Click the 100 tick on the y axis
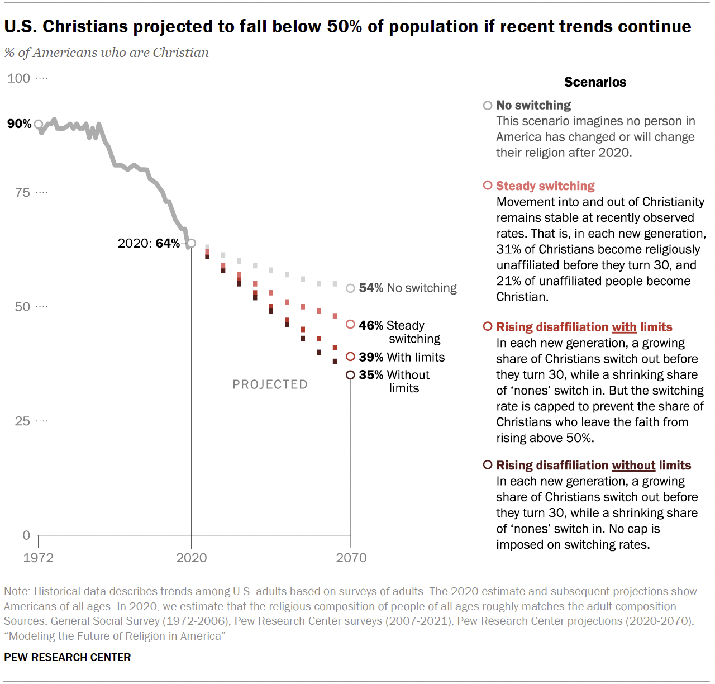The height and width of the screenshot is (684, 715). tap(19, 78)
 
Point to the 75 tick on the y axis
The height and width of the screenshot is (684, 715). tap(22, 193)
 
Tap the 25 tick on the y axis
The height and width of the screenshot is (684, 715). tap(22, 421)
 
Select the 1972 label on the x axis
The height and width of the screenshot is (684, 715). tap(38, 558)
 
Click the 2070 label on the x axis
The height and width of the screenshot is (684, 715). tap(351, 558)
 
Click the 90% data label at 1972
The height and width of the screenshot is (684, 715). tap(19, 123)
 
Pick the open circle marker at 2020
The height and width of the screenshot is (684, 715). tap(191, 243)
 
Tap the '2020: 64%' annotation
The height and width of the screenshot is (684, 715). tap(149, 243)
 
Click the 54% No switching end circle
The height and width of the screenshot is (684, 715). tap(350, 288)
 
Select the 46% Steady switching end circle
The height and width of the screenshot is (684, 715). tap(350, 325)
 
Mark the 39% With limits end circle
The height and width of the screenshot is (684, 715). tap(350, 357)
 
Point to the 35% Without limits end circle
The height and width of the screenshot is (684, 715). tap(350, 375)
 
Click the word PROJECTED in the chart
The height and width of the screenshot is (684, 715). tap(270, 384)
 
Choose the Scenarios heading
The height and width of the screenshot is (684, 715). tap(595, 82)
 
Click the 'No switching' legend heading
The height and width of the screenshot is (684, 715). tap(533, 105)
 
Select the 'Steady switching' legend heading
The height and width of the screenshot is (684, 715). tap(545, 186)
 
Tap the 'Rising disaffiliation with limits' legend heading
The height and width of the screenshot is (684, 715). tap(584, 327)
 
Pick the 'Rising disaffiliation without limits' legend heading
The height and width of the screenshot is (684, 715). tap(593, 465)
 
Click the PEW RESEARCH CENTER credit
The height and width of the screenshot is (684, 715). tap(68, 657)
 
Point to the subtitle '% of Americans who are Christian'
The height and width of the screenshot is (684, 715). tap(106, 53)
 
